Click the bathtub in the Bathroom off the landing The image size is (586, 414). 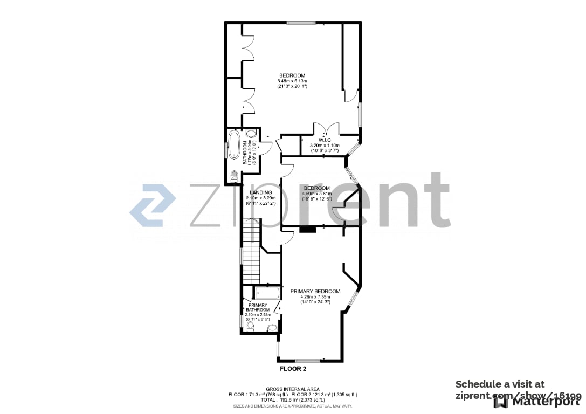(x=235, y=144)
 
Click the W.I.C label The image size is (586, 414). (x=324, y=140)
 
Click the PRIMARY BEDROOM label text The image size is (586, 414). (x=315, y=291)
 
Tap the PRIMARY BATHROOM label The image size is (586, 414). (x=257, y=307)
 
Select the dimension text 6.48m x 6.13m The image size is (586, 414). (x=292, y=81)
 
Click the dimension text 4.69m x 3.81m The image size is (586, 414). (x=316, y=194)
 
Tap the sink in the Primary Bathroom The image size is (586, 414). (x=272, y=327)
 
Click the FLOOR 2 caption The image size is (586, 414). (x=293, y=369)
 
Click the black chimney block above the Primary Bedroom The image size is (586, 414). (x=308, y=229)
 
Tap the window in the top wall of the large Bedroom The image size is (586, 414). (x=301, y=23)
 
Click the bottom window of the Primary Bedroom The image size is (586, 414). (x=308, y=360)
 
